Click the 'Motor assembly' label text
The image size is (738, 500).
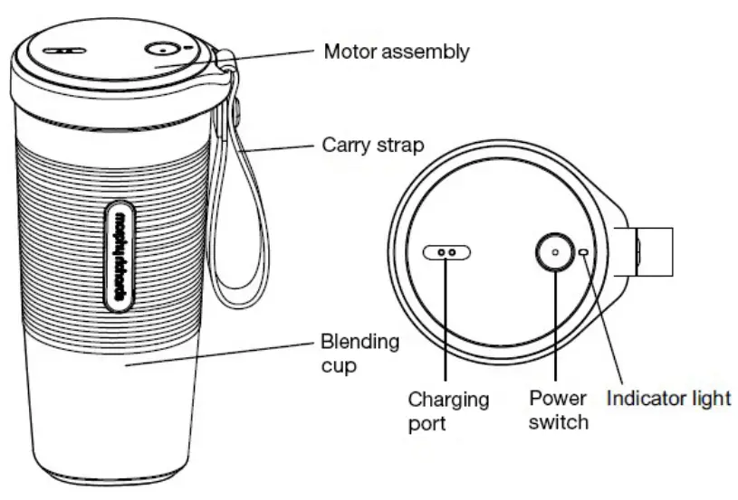(397, 52)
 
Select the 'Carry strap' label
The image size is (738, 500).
(373, 145)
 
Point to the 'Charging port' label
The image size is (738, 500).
(447, 410)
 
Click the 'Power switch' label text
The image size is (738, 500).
(559, 410)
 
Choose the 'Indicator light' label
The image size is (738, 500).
(668, 398)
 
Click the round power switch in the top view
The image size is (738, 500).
(555, 252)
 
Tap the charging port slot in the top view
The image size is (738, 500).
(447, 253)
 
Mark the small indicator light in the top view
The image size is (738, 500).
(585, 253)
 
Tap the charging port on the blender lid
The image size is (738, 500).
(63, 52)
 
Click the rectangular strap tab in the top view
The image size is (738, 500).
(654, 251)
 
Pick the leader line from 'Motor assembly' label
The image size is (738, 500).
(267, 56)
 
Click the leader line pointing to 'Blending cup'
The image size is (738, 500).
(217, 354)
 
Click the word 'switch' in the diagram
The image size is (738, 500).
(559, 421)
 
